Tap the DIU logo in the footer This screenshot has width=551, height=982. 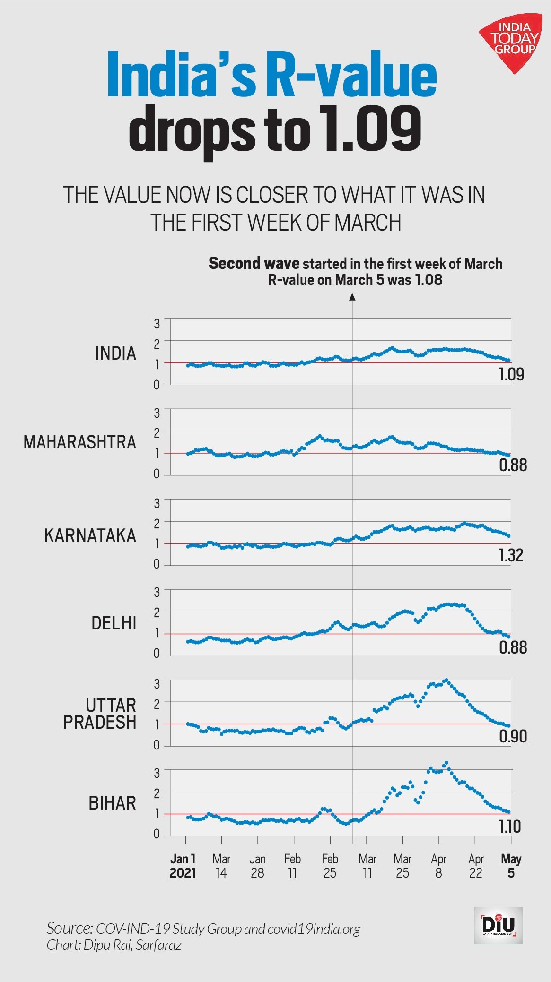click(x=499, y=925)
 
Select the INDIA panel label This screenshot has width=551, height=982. click(x=115, y=353)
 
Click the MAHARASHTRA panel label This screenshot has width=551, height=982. click(x=79, y=442)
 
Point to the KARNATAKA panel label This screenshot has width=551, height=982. click(x=90, y=535)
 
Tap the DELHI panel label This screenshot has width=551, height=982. click(x=114, y=623)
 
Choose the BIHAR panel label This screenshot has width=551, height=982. click(x=112, y=803)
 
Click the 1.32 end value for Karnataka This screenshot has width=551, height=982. click(x=511, y=555)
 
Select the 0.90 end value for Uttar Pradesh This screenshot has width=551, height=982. click(x=513, y=736)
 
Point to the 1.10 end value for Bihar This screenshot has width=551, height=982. click(x=510, y=827)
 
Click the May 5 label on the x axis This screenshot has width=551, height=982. click(x=511, y=866)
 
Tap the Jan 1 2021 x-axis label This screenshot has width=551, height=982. click(x=183, y=866)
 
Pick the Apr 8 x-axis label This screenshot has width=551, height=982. click(x=438, y=866)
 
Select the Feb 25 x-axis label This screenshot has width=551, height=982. click(x=330, y=866)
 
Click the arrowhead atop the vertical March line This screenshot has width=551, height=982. click(x=352, y=297)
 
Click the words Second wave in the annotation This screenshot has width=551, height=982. click(x=254, y=263)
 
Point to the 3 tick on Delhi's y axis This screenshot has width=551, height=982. click(x=157, y=592)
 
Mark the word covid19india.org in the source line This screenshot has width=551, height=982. click(x=314, y=929)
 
